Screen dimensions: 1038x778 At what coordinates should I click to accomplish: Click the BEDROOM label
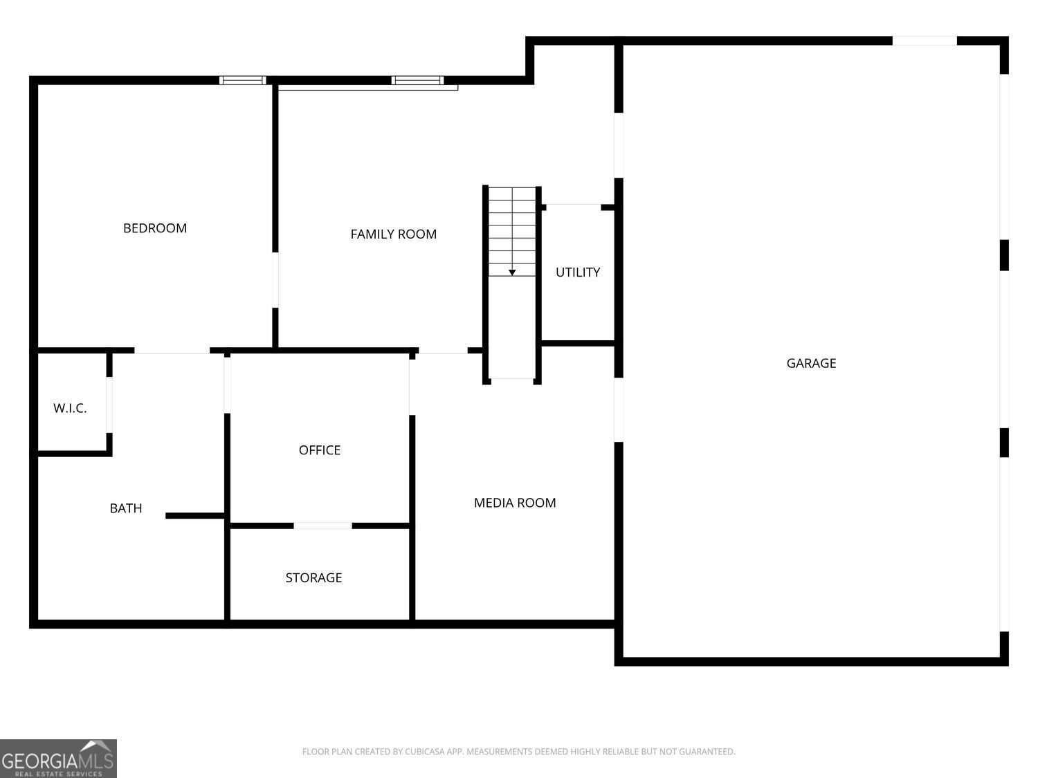pyautogui.click(x=154, y=228)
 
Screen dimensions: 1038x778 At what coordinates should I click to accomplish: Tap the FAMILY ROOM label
pyautogui.click(x=393, y=234)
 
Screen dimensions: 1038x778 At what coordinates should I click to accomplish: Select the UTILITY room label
pyautogui.click(x=577, y=272)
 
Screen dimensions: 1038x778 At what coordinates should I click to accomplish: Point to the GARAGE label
pyautogui.click(x=811, y=363)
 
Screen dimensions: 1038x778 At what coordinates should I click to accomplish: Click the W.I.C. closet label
pyautogui.click(x=70, y=409)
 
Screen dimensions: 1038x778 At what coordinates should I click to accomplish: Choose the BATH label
pyautogui.click(x=126, y=508)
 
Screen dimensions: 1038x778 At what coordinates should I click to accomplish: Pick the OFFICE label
pyautogui.click(x=319, y=450)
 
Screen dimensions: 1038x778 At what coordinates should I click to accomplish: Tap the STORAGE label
pyautogui.click(x=313, y=577)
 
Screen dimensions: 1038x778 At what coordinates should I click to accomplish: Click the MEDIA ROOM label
pyautogui.click(x=515, y=503)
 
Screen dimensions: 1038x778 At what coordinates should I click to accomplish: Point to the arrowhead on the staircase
pyautogui.click(x=511, y=272)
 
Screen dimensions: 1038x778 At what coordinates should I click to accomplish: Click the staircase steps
pyautogui.click(x=511, y=232)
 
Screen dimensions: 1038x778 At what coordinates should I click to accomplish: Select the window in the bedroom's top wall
pyautogui.click(x=243, y=80)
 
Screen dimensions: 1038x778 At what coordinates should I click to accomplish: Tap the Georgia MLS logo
pyautogui.click(x=58, y=758)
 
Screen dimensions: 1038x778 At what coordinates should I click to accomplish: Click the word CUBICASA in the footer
pyautogui.click(x=424, y=751)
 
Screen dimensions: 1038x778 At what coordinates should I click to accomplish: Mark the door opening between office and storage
pyautogui.click(x=322, y=526)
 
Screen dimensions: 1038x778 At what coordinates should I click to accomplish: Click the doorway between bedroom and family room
pyautogui.click(x=275, y=280)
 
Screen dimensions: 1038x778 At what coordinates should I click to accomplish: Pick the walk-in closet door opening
pyautogui.click(x=109, y=405)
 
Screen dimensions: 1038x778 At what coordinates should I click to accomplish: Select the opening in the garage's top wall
pyautogui.click(x=925, y=41)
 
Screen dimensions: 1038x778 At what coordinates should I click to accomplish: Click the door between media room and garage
pyautogui.click(x=618, y=410)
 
